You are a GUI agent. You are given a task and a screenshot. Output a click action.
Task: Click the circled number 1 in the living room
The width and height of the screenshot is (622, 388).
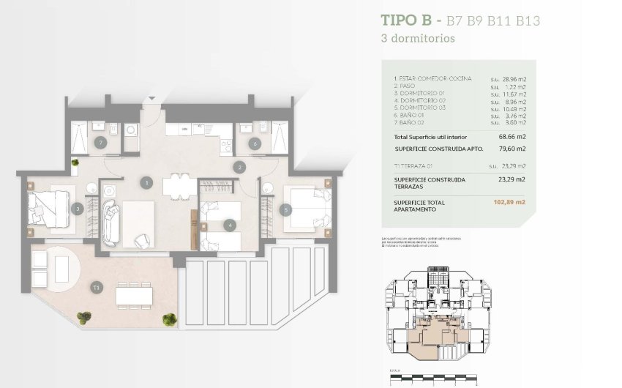click(x=147, y=182)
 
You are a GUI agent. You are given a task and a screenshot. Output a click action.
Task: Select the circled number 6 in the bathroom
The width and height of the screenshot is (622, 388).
click(x=254, y=143)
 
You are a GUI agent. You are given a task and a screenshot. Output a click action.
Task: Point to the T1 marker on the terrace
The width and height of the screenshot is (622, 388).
click(x=96, y=288)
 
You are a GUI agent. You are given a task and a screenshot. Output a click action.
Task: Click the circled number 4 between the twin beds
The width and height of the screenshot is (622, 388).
click(x=230, y=225)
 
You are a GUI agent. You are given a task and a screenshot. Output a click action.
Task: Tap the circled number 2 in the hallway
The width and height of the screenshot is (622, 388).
click(x=239, y=167)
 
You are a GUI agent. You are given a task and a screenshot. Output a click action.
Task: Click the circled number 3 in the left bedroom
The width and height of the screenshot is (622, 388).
click(x=78, y=209)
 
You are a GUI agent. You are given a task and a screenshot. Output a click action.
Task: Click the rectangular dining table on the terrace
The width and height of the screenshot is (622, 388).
click(x=134, y=296)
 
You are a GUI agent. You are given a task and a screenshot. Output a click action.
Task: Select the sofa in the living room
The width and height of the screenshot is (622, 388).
click(x=110, y=223)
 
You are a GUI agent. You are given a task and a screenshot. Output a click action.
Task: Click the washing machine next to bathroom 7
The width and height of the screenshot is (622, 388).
click(x=131, y=130)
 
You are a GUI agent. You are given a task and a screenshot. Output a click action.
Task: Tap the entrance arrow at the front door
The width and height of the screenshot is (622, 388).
click(x=151, y=97)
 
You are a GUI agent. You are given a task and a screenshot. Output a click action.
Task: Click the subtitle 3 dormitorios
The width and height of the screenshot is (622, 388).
click(x=417, y=38)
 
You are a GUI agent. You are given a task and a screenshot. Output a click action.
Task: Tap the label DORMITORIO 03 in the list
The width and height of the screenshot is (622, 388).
click(x=420, y=108)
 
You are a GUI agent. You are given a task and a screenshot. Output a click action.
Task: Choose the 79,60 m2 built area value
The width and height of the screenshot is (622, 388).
click(x=512, y=149)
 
